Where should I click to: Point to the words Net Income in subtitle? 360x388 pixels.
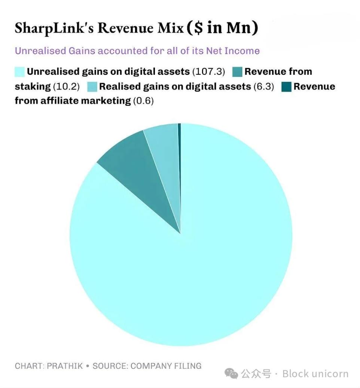(x=233, y=51)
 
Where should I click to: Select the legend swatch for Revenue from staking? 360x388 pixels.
(x=237, y=71)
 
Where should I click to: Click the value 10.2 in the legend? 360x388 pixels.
(x=66, y=86)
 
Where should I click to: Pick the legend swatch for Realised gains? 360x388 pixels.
(x=92, y=86)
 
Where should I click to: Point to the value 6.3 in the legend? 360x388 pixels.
(x=264, y=86)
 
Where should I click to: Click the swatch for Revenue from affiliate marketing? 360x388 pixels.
(x=286, y=86)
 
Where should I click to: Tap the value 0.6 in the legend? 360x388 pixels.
(x=143, y=101)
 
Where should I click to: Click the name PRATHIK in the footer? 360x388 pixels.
(x=65, y=366)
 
